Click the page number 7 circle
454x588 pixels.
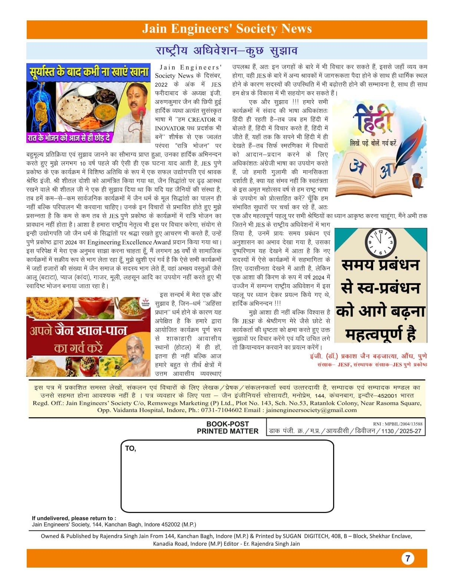pyautogui.click(x=408, y=558)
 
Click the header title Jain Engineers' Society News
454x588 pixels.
pyautogui.click(x=227, y=29)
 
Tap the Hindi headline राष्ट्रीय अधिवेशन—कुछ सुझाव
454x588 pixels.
pyautogui.click(x=227, y=50)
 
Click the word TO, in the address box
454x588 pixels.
pyautogui.click(x=131, y=448)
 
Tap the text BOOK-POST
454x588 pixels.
pyautogui.click(x=227, y=424)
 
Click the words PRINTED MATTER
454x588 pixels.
pyautogui.click(x=227, y=431)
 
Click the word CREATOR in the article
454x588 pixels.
pyautogui.click(x=201, y=120)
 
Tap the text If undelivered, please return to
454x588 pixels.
pyautogui.click(x=74, y=518)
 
